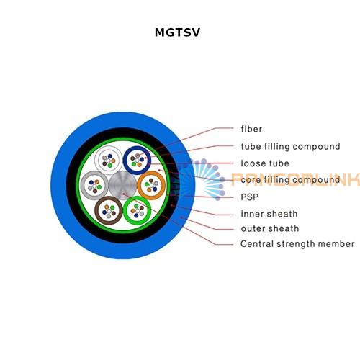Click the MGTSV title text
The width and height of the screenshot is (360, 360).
pos(177,32)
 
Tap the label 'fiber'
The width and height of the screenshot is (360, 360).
pos(251,129)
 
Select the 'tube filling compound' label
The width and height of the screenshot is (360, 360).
pos(290,146)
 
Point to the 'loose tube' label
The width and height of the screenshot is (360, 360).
pos(265,163)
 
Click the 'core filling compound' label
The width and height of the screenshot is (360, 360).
pos(290,180)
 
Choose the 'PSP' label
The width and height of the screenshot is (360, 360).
pos(250,197)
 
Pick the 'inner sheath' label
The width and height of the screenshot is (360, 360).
pos(269,214)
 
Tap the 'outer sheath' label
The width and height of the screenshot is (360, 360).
pos(270,228)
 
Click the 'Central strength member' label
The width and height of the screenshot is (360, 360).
pos(297,244)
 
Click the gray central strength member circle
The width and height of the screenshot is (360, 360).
pos(123,185)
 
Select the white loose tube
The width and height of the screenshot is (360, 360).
pos(109,160)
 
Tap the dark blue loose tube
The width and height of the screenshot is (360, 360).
pos(137,160)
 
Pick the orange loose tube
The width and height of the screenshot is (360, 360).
pos(151,185)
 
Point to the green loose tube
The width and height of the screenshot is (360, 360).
pos(137,210)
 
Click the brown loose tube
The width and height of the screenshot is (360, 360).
pos(109,210)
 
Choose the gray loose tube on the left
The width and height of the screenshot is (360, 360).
pos(94,185)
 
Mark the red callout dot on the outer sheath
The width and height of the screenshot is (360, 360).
pos(181,217)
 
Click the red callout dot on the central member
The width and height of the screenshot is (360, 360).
pos(123,194)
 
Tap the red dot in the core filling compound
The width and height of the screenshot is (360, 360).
pos(159,170)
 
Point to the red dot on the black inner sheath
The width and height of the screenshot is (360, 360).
pos(171,205)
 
